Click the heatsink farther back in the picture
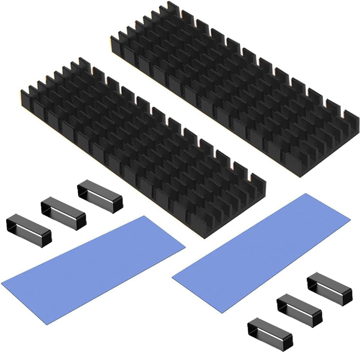[234, 90]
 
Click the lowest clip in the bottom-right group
[270, 331]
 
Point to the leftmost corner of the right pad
[172, 277]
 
